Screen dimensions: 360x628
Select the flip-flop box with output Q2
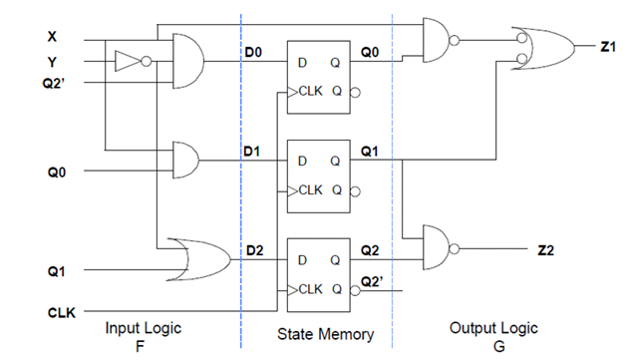319,266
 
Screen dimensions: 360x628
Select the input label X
51,38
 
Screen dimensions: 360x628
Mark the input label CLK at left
61,313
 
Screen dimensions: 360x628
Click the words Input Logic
142,328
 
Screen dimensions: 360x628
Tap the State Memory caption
325,335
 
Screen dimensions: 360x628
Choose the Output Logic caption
493,328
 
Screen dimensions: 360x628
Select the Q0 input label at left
56,172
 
